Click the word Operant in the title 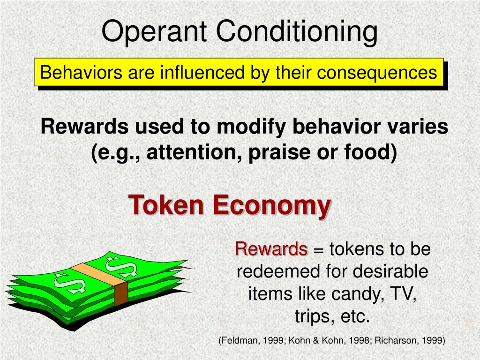[x=154, y=32]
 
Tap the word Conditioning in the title [x=297, y=32]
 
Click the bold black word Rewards [x=85, y=127]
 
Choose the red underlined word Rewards [x=271, y=249]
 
